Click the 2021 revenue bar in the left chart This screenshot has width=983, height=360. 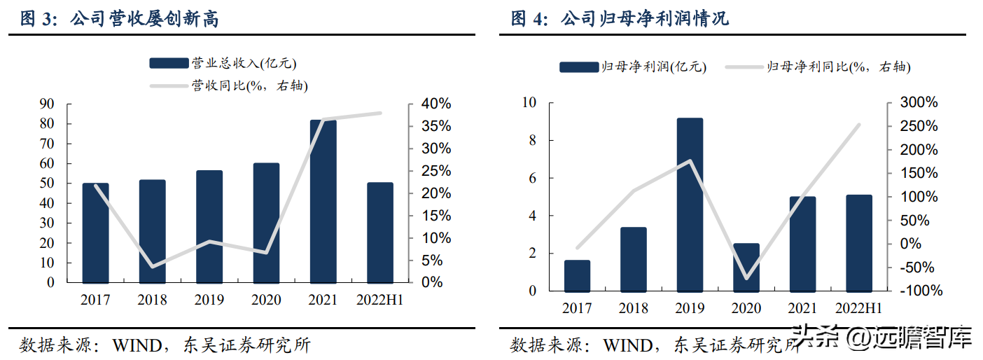pos(323,202)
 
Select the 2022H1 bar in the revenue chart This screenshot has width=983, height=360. pos(380,233)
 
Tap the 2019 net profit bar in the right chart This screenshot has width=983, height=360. pos(690,205)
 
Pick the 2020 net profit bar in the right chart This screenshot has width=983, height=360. pos(746,268)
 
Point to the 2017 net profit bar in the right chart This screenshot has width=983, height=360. pos(577,276)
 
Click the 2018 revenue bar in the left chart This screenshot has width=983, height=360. pos(152,231)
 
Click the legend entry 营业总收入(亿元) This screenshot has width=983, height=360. pos(223,63)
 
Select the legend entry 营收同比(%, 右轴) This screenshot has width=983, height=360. pos(229,85)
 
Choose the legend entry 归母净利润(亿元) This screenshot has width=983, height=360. pos(633,67)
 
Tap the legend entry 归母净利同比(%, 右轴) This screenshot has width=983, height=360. pos(818,67)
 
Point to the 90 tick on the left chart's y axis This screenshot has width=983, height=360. pos(47,104)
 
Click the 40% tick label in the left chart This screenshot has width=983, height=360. pos(436,104)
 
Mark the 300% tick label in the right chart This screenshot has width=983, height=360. pos(919,102)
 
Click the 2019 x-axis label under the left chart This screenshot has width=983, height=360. pos(209,300)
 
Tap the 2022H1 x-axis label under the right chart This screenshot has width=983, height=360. pos(858,308)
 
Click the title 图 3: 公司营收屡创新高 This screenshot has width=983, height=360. pos(119,19)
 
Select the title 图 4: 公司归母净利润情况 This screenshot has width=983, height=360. pos(620,19)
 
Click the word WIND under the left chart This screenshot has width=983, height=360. pos(137,345)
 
